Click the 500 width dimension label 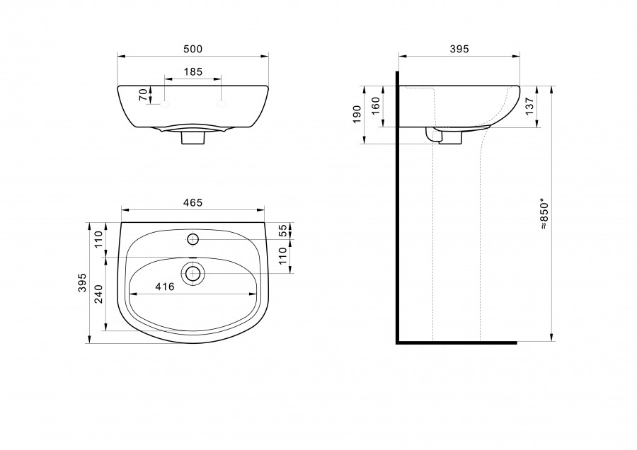[193, 49]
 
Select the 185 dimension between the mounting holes [193, 72]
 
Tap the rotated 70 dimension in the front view [143, 95]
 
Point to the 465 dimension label [193, 202]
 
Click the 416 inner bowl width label [165, 287]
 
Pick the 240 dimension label [98, 294]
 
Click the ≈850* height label [544, 214]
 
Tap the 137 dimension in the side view [529, 106]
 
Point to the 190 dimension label [357, 115]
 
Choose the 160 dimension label [376, 105]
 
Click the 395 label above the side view [459, 49]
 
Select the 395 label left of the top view [83, 282]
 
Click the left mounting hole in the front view [164, 104]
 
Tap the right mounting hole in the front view [221, 104]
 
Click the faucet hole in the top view [193, 239]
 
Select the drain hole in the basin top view [193, 273]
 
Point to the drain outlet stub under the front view [193, 138]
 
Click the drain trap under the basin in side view [444, 136]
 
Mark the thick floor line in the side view [457, 342]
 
